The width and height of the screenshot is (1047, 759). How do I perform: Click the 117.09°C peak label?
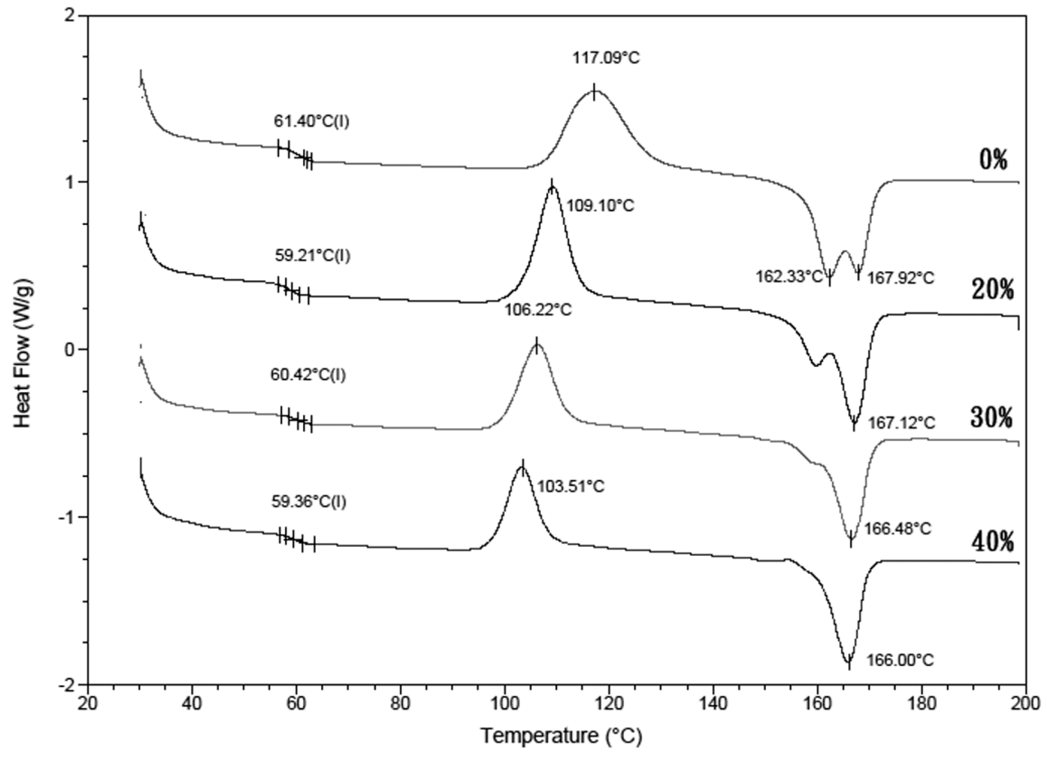606,58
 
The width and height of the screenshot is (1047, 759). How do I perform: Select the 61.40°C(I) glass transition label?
311,121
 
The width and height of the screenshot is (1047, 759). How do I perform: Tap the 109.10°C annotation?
600,206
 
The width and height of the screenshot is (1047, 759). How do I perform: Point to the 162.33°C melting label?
790,277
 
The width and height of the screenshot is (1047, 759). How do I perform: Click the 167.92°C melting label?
900,277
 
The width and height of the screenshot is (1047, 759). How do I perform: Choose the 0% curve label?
993,160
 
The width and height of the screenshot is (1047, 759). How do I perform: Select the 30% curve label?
992,417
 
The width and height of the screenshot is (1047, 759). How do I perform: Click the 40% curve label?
992,542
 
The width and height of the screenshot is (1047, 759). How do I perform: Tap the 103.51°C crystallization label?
571,486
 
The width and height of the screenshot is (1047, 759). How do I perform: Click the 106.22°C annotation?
538,309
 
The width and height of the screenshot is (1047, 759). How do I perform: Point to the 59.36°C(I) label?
309,501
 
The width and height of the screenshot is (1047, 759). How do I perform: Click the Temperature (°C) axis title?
561,735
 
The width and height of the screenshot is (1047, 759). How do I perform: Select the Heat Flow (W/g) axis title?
23,349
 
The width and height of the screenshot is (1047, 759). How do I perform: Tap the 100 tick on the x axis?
505,703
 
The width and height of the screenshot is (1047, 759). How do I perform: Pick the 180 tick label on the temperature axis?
921,703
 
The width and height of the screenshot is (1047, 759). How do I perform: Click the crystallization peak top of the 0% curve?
594,91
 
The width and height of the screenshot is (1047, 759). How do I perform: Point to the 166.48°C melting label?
898,529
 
